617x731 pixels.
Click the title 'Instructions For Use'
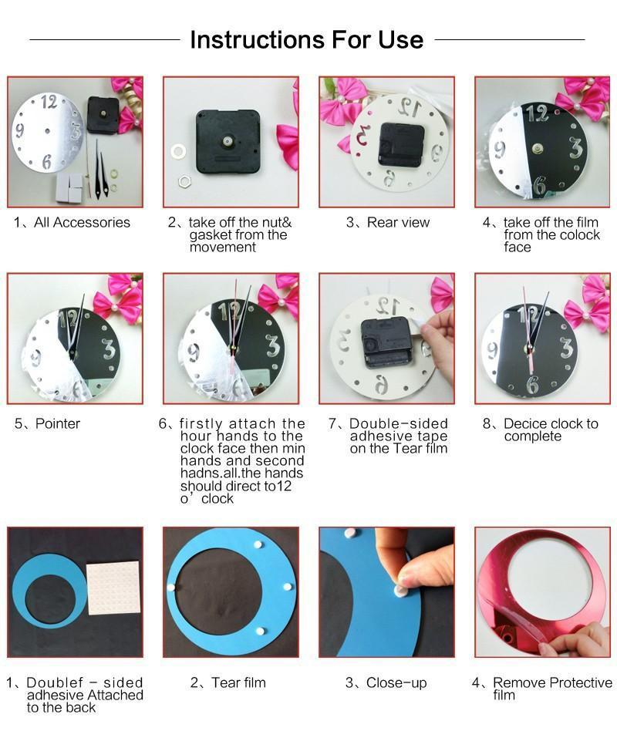pyautogui.click(x=306, y=39)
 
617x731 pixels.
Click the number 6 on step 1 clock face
pyautogui.click(x=47, y=161)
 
